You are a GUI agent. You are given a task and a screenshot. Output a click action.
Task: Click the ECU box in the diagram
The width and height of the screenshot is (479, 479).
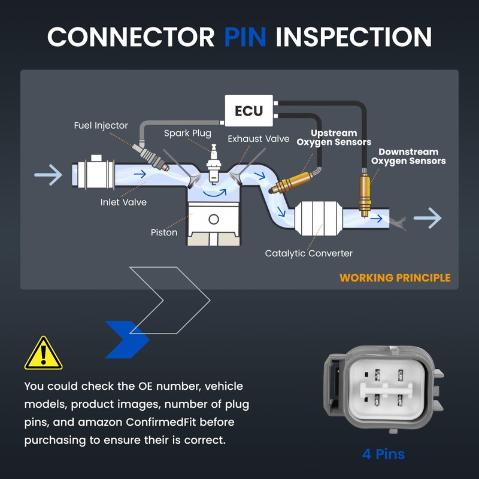249,111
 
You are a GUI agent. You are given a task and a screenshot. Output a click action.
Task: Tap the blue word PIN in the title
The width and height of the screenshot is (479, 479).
245,37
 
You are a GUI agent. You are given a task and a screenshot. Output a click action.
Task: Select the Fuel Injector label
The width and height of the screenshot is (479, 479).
101,126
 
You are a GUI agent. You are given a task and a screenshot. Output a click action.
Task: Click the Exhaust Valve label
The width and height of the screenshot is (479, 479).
257,139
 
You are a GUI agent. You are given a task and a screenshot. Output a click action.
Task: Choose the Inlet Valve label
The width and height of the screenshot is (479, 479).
123,202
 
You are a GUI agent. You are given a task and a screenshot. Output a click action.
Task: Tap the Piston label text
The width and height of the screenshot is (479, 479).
164,232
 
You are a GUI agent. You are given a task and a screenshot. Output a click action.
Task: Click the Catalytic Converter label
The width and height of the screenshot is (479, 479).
309,253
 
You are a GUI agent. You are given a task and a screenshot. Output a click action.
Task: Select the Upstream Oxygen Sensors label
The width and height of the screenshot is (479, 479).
334,138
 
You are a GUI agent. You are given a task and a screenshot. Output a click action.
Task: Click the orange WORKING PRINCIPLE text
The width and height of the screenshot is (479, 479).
395,278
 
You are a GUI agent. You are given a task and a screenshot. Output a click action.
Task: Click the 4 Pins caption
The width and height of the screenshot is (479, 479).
383,454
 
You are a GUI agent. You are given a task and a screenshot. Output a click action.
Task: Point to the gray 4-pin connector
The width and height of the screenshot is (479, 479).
383,390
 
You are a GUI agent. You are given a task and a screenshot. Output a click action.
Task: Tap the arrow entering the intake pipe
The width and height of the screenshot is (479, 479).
48,175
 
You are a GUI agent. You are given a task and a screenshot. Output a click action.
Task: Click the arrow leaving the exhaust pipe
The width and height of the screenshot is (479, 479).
428,219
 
